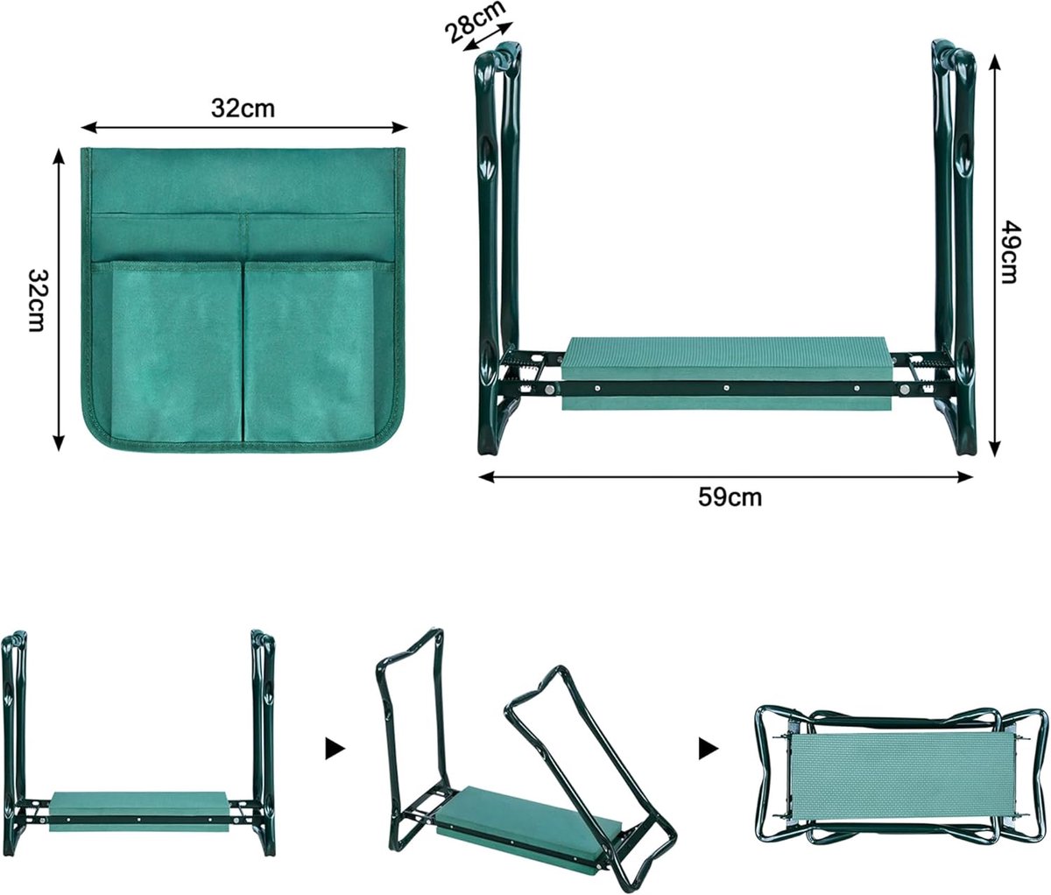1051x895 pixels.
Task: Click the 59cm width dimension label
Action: (730, 497)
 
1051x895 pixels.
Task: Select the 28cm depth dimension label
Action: (476, 22)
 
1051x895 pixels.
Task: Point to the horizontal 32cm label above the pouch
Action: (243, 108)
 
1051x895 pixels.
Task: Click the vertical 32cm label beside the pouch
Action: (37, 300)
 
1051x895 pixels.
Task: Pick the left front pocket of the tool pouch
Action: (176, 351)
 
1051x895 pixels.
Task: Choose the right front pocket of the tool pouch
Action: (311, 351)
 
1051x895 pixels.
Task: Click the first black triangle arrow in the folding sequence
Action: (335, 749)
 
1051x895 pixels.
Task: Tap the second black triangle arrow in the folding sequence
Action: (709, 749)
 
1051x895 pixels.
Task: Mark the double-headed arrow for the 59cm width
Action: (725, 477)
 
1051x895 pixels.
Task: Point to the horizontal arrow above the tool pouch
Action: (244, 128)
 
